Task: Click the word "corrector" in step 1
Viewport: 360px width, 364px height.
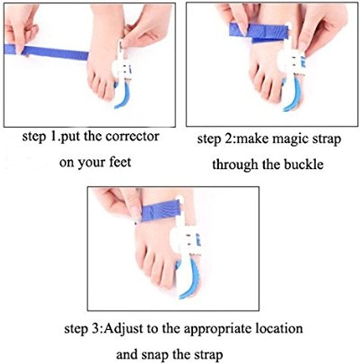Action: point(132,136)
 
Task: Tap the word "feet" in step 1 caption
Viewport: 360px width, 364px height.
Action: point(120,162)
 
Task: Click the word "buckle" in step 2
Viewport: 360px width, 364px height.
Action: point(304,164)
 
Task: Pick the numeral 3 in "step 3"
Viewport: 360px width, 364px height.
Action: point(97,329)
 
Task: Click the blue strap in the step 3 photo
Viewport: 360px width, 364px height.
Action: point(160,210)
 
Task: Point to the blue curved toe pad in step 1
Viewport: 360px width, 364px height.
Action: point(123,95)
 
